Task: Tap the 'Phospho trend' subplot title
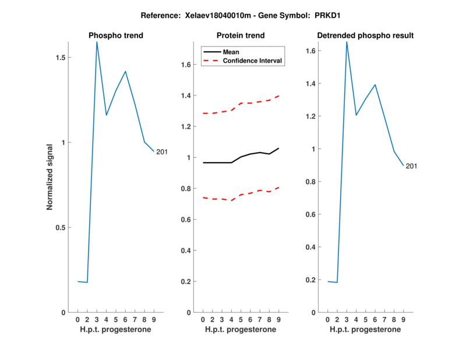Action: click(x=116, y=36)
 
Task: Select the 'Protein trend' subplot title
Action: click(x=241, y=36)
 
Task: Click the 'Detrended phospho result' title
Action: click(x=365, y=36)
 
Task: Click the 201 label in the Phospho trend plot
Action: click(x=162, y=152)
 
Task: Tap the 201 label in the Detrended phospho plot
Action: click(x=411, y=167)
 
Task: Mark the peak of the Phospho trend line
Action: click(x=97, y=42)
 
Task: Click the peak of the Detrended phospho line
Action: click(x=347, y=42)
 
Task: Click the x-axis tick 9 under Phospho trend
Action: click(x=154, y=319)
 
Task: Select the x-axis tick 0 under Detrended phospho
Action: click(x=327, y=319)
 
